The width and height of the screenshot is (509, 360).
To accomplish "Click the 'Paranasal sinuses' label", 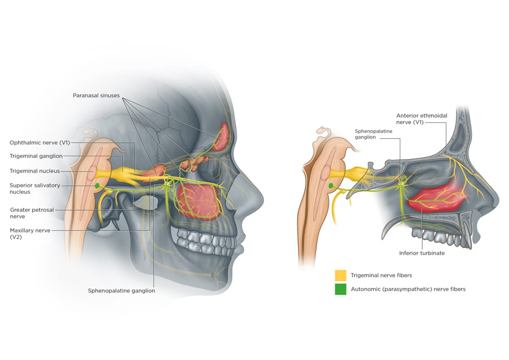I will [x=96, y=96].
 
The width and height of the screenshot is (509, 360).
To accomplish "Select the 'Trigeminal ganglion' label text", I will [x=36, y=156].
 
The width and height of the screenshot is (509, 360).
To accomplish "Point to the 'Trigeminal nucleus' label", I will [x=34, y=171].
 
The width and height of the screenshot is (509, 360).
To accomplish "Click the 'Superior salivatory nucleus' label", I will [x=34, y=188].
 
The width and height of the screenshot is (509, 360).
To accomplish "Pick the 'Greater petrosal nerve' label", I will [x=32, y=213].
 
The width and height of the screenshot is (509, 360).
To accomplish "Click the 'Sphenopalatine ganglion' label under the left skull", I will [x=121, y=291].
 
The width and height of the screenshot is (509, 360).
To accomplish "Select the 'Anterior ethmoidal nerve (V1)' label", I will [x=421, y=119].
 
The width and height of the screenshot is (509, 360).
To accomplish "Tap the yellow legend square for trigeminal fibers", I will [x=340, y=276].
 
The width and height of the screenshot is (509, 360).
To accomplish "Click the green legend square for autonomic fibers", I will [x=340, y=289].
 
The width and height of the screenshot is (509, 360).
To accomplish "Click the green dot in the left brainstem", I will [x=97, y=186].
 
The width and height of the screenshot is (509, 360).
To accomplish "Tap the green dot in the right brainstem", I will [x=331, y=185].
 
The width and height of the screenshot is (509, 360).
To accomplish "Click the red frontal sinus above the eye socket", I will [x=221, y=136].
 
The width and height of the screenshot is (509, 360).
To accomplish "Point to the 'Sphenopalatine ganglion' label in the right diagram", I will [x=373, y=134].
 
